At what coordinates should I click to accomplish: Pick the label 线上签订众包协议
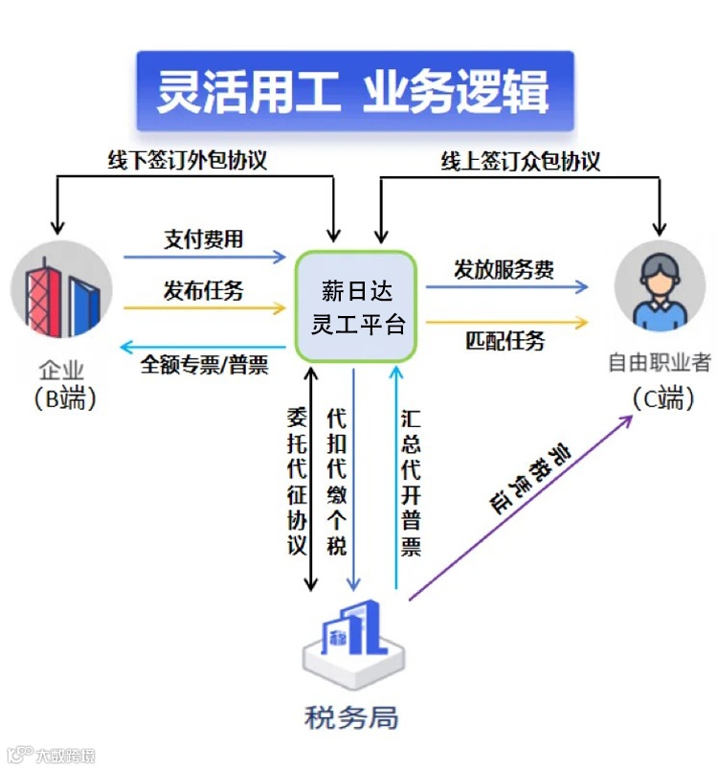[x=521, y=160]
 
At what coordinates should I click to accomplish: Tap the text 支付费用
[x=203, y=238]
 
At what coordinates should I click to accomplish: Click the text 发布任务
[x=203, y=290]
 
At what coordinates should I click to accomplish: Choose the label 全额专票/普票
[x=205, y=365]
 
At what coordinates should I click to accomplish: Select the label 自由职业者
[x=660, y=363]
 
